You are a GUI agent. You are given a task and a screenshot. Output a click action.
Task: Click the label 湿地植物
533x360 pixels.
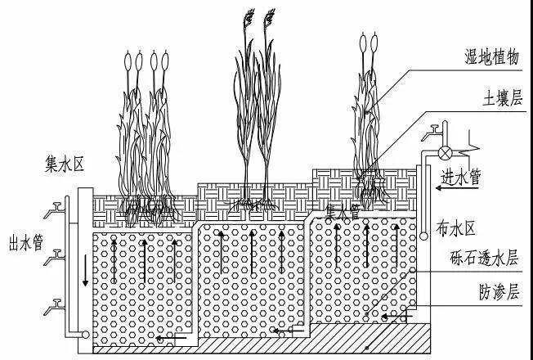[x=490, y=56]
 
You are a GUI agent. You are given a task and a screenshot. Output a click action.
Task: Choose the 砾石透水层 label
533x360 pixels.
[x=485, y=259]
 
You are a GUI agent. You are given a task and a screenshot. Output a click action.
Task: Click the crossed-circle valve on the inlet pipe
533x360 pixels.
[x=446, y=152]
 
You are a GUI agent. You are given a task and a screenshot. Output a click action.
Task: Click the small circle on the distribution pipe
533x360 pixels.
[x=424, y=236]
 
